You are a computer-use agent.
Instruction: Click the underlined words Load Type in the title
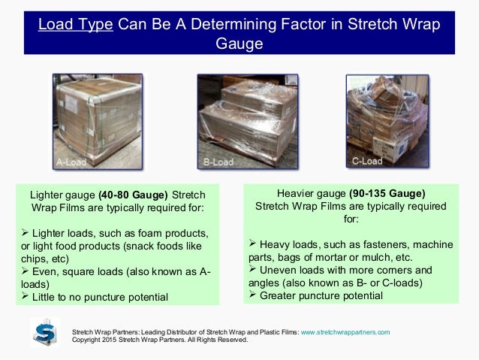pyautogui.click(x=76, y=25)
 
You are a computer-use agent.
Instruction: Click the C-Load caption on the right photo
pyautogui.click(x=367, y=161)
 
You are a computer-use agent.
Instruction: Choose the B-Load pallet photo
pyautogui.click(x=239, y=120)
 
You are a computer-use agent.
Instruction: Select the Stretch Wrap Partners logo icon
pyautogui.click(x=44, y=332)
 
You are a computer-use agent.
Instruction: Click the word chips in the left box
pyautogui.click(x=41, y=259)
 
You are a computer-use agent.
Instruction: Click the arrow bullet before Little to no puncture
pyautogui.click(x=26, y=296)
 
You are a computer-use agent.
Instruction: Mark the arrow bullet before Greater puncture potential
pyautogui.click(x=252, y=295)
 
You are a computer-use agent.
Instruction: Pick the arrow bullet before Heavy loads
pyautogui.click(x=252, y=244)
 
